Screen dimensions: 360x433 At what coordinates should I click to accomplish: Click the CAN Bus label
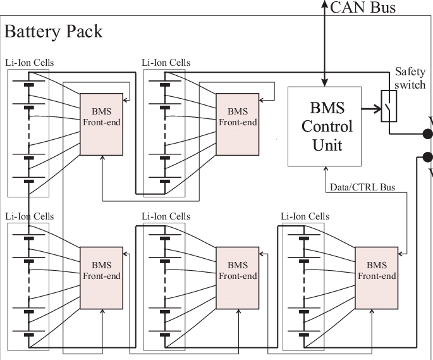(x=363, y=8)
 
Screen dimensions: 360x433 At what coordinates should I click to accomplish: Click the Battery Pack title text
(x=53, y=31)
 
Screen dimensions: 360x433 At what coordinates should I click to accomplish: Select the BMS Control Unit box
(x=327, y=125)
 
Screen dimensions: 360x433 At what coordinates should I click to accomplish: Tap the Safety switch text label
(x=410, y=78)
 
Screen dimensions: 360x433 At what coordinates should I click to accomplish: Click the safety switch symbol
(x=389, y=106)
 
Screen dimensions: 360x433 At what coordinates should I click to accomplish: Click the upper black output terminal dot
(x=427, y=133)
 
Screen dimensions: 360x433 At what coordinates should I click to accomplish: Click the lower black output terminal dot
(x=427, y=157)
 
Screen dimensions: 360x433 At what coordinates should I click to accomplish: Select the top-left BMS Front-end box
(x=101, y=123)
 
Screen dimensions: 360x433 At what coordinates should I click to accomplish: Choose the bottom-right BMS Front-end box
(x=377, y=278)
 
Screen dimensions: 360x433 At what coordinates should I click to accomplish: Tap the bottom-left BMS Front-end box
(x=101, y=278)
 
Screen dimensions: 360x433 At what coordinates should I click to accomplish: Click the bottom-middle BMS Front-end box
(x=237, y=278)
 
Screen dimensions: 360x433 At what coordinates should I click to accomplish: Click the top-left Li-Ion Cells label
(x=30, y=63)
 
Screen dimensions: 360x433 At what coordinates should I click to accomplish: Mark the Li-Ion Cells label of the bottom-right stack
(x=305, y=216)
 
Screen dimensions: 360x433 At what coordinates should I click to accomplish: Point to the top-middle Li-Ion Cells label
(x=166, y=63)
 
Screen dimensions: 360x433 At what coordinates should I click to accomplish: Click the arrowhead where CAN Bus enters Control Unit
(x=325, y=82)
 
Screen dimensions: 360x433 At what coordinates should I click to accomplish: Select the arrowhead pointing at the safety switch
(x=375, y=108)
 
